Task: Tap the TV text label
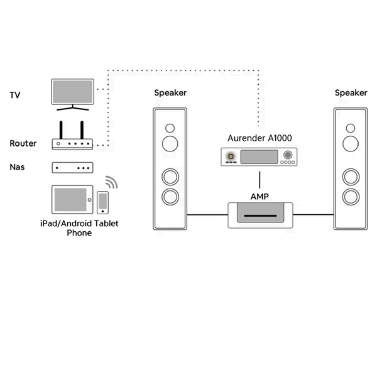point(15,96)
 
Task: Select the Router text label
point(23,144)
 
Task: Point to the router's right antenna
point(82,130)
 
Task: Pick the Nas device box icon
point(72,168)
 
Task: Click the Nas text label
point(17,168)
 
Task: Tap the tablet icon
point(72,200)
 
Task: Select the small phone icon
point(102,203)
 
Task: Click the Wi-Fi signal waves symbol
point(111,183)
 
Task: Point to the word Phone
point(79,233)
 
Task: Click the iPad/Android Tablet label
point(79,224)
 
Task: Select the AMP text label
point(259,197)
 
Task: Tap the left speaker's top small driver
point(170,128)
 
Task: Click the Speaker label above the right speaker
point(351,93)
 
